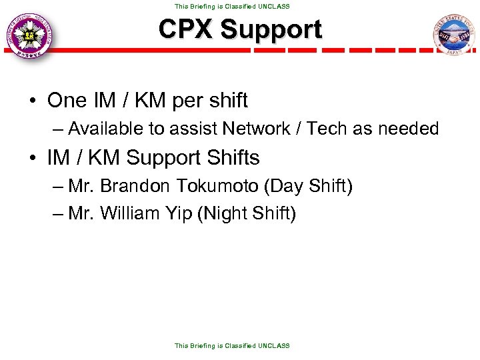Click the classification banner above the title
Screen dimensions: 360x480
(x=232, y=6)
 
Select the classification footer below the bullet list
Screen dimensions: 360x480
(x=232, y=345)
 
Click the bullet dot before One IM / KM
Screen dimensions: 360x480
(x=32, y=101)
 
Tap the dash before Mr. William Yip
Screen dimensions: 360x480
(x=57, y=214)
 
